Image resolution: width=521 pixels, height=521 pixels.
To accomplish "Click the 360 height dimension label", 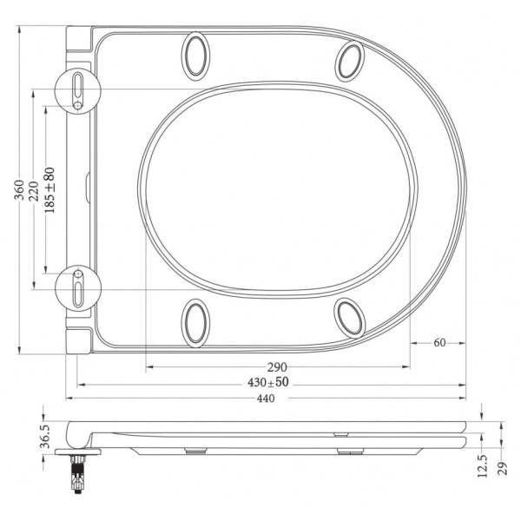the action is tap(19, 189).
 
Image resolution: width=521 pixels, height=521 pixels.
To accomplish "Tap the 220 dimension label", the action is tap(34, 191).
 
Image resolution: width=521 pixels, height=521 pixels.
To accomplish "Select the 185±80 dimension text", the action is tap(49, 190).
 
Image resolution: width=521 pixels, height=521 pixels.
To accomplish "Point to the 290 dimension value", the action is tap(277, 367).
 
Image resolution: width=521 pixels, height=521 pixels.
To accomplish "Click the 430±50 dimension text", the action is tap(268, 382).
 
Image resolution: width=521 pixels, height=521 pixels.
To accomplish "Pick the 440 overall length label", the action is tap(266, 398).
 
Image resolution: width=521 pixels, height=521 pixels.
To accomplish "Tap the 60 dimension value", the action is tap(439, 343).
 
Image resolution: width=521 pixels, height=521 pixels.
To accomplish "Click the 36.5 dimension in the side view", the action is tap(45, 436).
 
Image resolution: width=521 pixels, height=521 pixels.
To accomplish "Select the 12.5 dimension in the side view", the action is tap(482, 466).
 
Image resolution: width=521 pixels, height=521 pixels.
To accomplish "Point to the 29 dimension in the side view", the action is tap(503, 469).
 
